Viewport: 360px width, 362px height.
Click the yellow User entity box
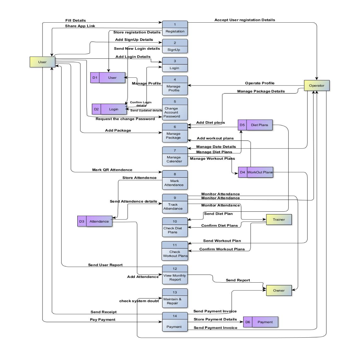click(x=42, y=62)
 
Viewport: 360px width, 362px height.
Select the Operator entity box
click(x=316, y=86)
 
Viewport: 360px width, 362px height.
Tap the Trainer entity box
click(x=279, y=220)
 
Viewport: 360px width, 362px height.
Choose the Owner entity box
click(x=279, y=290)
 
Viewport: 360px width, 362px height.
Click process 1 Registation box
click(x=175, y=28)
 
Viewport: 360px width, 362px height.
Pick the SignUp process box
click(x=175, y=46)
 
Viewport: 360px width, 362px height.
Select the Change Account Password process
click(x=175, y=109)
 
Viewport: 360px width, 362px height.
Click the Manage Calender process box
click(x=175, y=156)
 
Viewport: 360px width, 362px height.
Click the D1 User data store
click(x=108, y=78)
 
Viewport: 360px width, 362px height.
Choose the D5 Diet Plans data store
click(x=255, y=125)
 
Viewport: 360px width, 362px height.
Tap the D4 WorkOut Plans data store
click(x=255, y=172)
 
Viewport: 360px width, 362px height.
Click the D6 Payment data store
click(x=260, y=322)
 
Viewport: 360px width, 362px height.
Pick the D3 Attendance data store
click(x=95, y=222)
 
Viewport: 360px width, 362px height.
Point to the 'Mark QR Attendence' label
click(x=112, y=170)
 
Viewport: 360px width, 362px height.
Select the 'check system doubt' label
click(x=139, y=301)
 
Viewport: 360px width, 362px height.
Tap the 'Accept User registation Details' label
click(x=245, y=20)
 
